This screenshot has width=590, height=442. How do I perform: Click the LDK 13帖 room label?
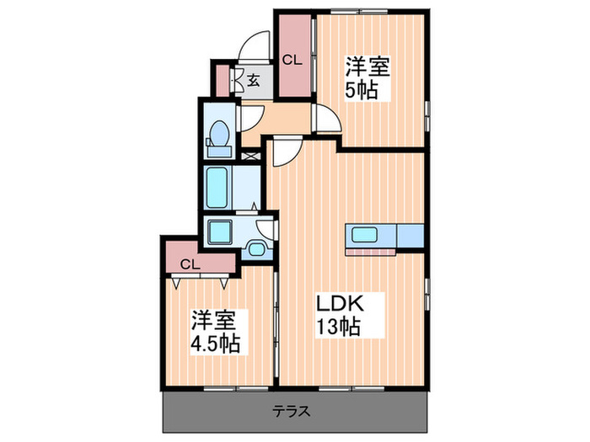pos(339,314)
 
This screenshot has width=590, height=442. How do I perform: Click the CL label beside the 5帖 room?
pos(292,60)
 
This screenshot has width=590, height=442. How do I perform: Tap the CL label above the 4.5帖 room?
pos(191,264)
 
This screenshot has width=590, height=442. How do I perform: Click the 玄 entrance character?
pos(252,81)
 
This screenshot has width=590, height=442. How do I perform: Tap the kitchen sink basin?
pos(364,234)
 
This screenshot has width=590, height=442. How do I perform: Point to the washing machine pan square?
pos(222,231)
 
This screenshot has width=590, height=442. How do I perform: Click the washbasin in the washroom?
pos(256,247)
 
